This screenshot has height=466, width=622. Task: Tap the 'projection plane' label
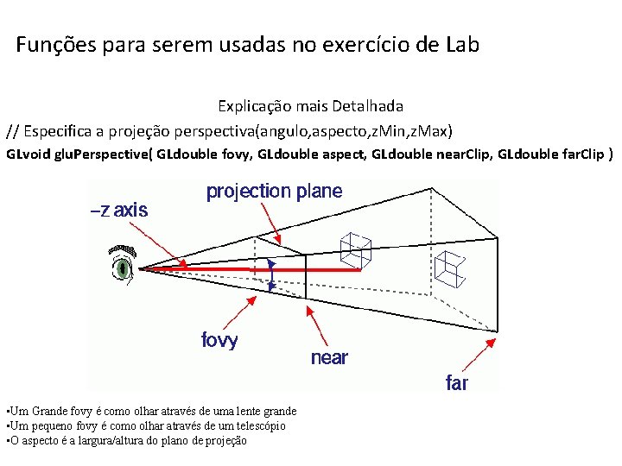[274, 192]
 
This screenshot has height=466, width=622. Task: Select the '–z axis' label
[119, 210]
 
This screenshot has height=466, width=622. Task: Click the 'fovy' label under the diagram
[219, 340]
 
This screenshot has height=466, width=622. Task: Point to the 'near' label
[329, 357]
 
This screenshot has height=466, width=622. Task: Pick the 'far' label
[456, 382]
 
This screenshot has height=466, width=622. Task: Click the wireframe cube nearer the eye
[355, 250]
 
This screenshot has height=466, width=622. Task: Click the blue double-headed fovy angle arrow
[271, 274]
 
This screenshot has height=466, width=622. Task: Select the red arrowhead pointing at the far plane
[490, 343]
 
